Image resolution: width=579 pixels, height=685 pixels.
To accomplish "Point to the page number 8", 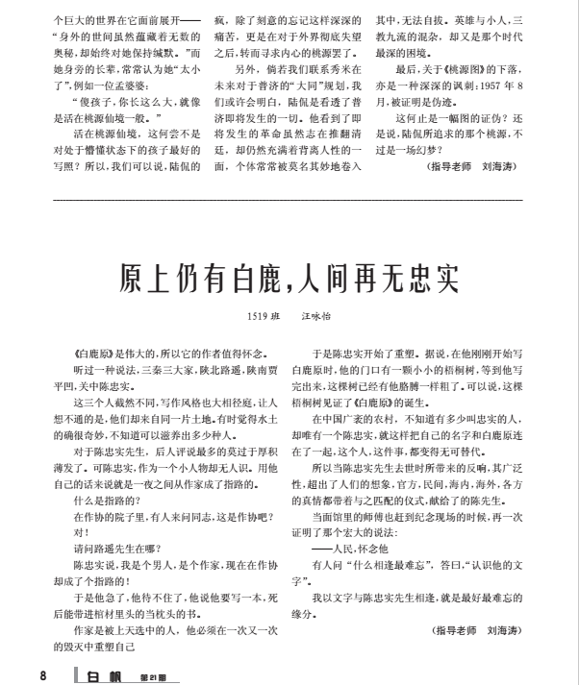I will pos(42,674).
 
